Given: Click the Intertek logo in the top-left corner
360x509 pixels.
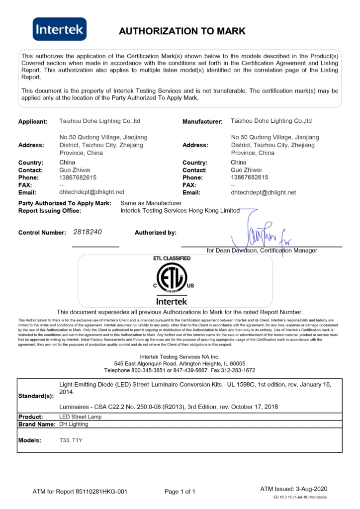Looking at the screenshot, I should click(x=60, y=29).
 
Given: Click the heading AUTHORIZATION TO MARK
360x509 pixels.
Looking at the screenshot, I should click(x=182, y=31).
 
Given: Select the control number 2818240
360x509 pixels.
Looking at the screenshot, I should click(x=88, y=232).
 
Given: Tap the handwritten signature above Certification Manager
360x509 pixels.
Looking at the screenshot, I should click(x=261, y=232).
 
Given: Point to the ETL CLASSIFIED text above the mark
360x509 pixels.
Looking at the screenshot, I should click(x=172, y=258).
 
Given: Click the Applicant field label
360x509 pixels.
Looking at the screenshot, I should click(x=33, y=122).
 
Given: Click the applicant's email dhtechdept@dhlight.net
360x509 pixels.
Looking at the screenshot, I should click(x=91, y=192).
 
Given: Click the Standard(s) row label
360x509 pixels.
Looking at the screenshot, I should click(x=36, y=396).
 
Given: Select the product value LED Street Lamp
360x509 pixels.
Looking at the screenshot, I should click(x=80, y=417).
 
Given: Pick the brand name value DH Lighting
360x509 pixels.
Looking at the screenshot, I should click(x=74, y=424).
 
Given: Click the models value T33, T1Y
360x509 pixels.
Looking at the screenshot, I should click(x=71, y=440).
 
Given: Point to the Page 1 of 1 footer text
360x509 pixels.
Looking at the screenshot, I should click(x=180, y=492).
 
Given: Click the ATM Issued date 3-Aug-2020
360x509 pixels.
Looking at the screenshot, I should click(x=309, y=489).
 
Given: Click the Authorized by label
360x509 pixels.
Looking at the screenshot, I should click(x=155, y=233).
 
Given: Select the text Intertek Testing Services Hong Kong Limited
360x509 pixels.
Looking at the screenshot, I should click(x=180, y=211).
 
